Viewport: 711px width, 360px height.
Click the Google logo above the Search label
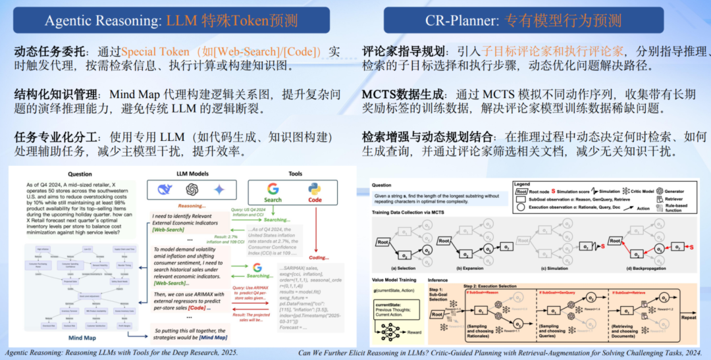coord(273,189)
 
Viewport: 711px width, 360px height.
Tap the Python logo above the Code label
coord(315,189)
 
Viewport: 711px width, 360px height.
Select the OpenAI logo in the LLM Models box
coord(192,190)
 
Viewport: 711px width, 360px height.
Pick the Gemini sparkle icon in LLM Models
coord(219,190)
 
